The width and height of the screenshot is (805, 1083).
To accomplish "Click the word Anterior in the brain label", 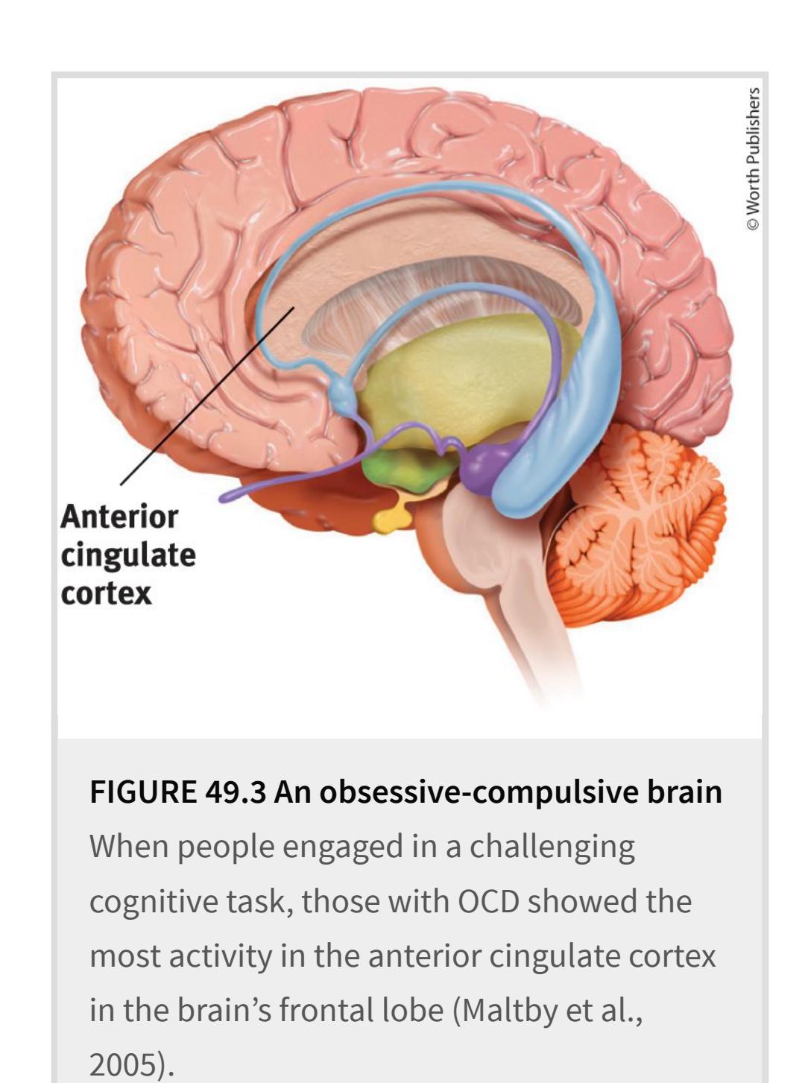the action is coord(119,517).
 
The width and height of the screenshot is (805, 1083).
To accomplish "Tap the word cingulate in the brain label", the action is coord(128,556).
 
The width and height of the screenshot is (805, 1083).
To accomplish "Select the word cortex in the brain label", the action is coord(106,593).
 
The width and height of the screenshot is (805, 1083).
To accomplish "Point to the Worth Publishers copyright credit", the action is coord(753,158).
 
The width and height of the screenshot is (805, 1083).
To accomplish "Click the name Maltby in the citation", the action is coord(511,1011).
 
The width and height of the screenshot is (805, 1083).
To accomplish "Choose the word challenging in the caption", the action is coord(552,847).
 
